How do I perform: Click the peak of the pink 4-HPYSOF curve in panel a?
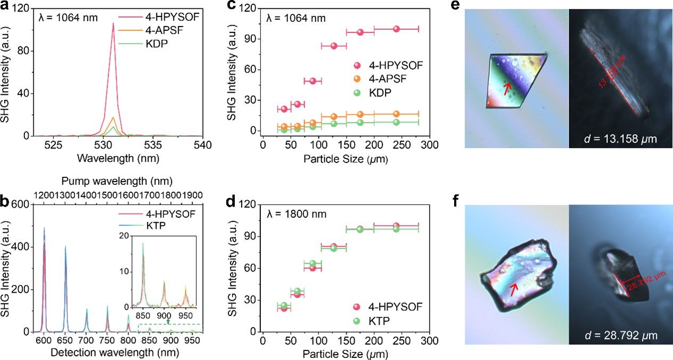coord(113,23)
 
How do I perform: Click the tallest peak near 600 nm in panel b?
coord(44,228)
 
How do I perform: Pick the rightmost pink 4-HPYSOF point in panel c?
coord(396,29)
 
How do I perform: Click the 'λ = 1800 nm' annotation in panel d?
coord(296,214)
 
